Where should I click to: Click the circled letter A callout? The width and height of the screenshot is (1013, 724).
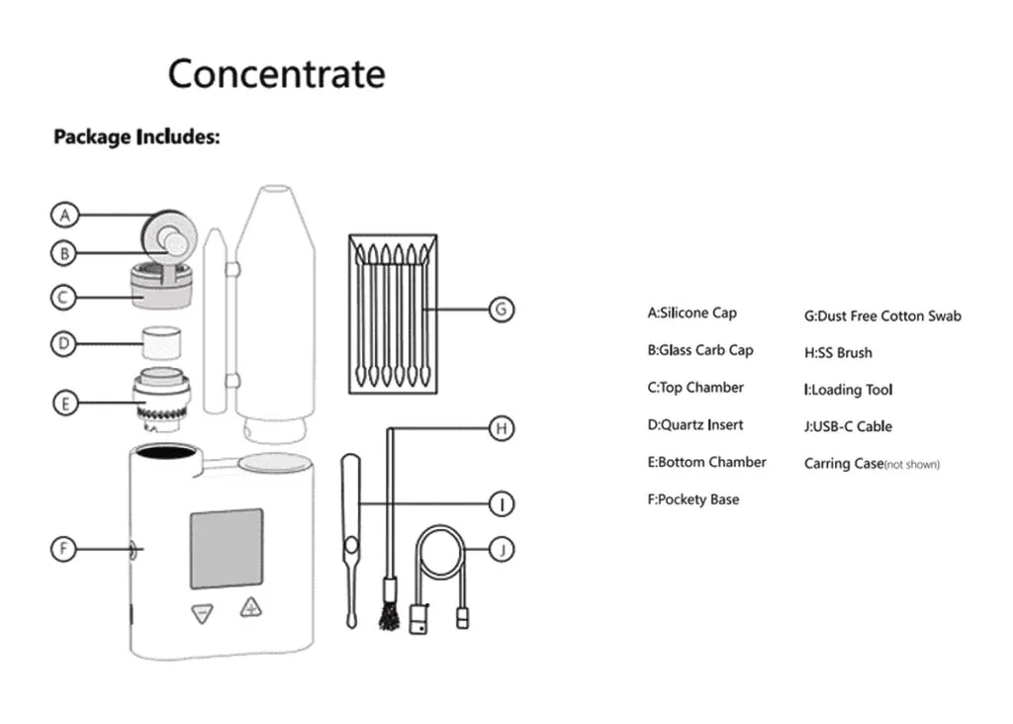tap(65, 215)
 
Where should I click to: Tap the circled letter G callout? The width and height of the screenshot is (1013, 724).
tap(502, 310)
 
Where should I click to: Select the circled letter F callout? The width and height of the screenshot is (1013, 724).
tap(64, 548)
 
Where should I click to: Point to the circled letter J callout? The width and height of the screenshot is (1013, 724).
tap(502, 549)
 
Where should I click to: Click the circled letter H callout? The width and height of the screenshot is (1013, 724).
tap(502, 428)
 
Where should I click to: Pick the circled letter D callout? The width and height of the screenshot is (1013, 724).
tap(64, 344)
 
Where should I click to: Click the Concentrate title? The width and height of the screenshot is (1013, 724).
tap(276, 74)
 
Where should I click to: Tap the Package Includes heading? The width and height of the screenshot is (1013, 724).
tap(137, 136)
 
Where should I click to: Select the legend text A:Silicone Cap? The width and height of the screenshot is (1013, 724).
tap(691, 314)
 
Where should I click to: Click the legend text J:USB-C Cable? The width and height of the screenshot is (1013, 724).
tap(848, 427)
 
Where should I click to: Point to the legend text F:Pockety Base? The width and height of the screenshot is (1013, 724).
tap(692, 499)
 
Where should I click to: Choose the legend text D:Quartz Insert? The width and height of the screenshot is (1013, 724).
tap(694, 425)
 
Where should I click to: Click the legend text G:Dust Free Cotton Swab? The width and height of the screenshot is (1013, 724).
tap(882, 317)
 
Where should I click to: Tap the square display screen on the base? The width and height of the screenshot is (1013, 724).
tap(227, 549)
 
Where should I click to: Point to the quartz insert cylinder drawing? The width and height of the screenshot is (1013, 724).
tap(162, 343)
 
